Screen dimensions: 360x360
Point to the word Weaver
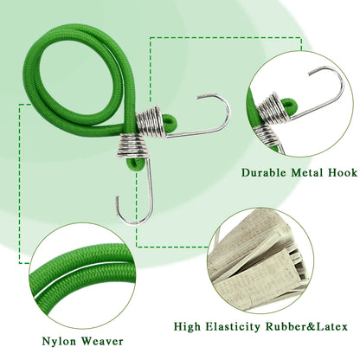tap(101, 341)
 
